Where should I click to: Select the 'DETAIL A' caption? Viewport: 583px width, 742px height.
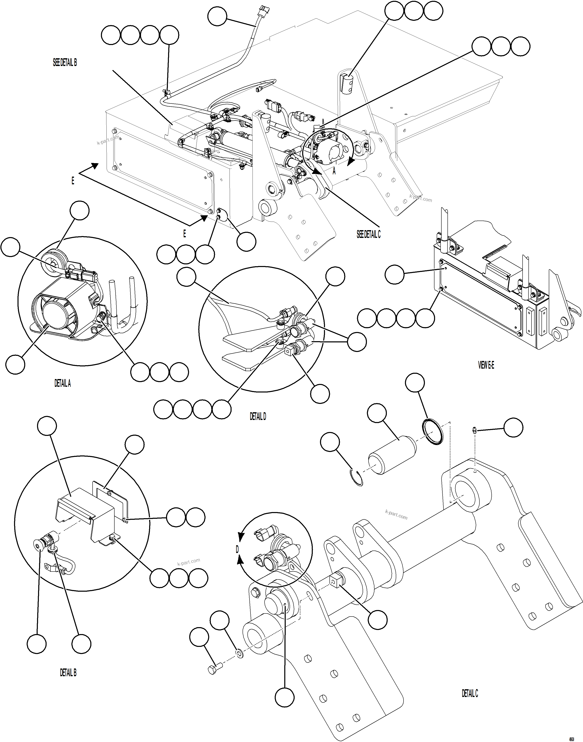pos(62,383)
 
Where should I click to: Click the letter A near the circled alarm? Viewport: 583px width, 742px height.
pos(334,171)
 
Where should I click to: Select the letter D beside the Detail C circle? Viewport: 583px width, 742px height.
pos(237,549)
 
